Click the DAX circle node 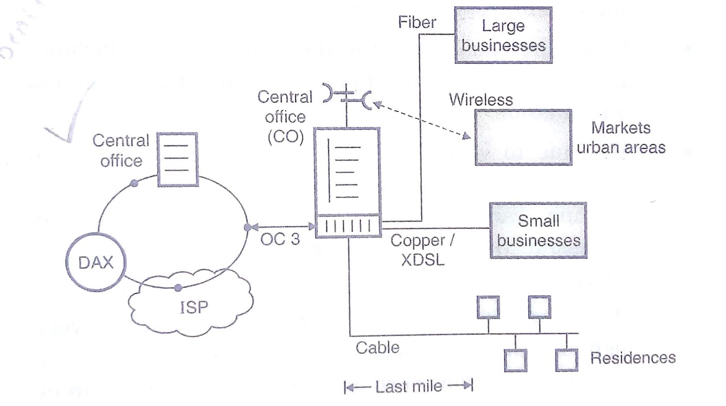[95, 263]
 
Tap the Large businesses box [503, 35]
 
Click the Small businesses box [538, 230]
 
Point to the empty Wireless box [523, 137]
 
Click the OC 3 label [280, 239]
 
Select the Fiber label [417, 22]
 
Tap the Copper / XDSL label [422, 250]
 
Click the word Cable [377, 348]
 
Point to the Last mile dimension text [408, 386]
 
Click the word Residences [633, 358]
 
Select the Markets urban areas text [621, 137]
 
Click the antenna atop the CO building [347, 95]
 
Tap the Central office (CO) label [285, 117]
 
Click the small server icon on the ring [177, 159]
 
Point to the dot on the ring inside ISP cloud [178, 288]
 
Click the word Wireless [481, 100]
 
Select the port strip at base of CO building [348, 226]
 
